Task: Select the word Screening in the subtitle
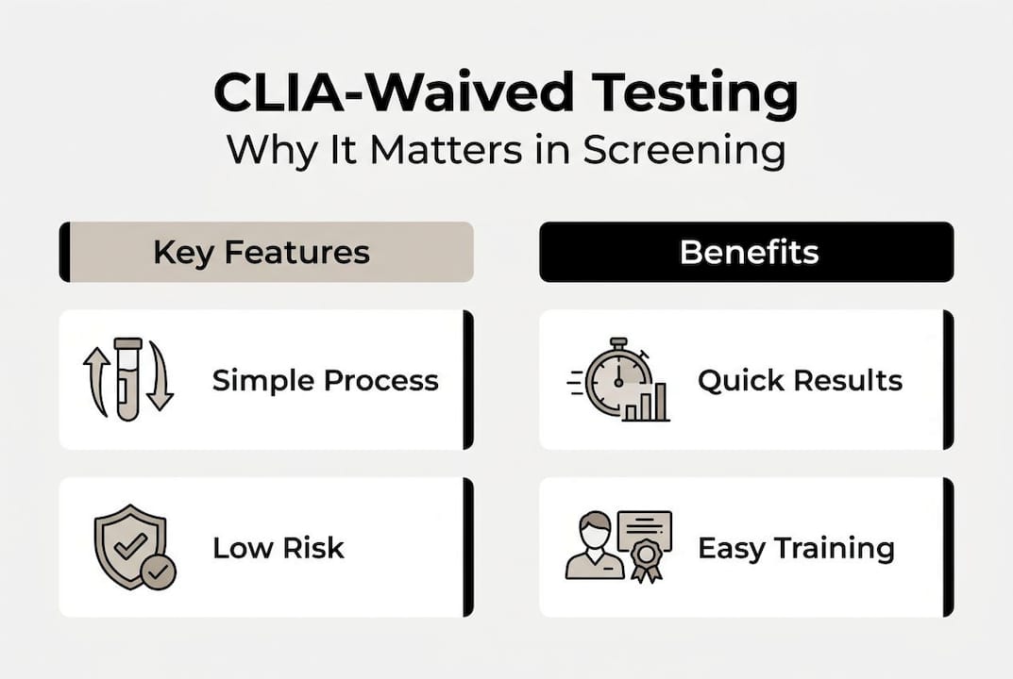pyautogui.click(x=684, y=151)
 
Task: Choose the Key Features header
pyautogui.click(x=266, y=252)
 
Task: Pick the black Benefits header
pyautogui.click(x=746, y=252)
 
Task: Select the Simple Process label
pyautogui.click(x=325, y=381)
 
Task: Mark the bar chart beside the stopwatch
pyautogui.click(x=651, y=403)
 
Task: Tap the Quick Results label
pyautogui.click(x=800, y=381)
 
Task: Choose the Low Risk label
pyautogui.click(x=279, y=548)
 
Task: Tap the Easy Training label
pyautogui.click(x=796, y=548)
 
